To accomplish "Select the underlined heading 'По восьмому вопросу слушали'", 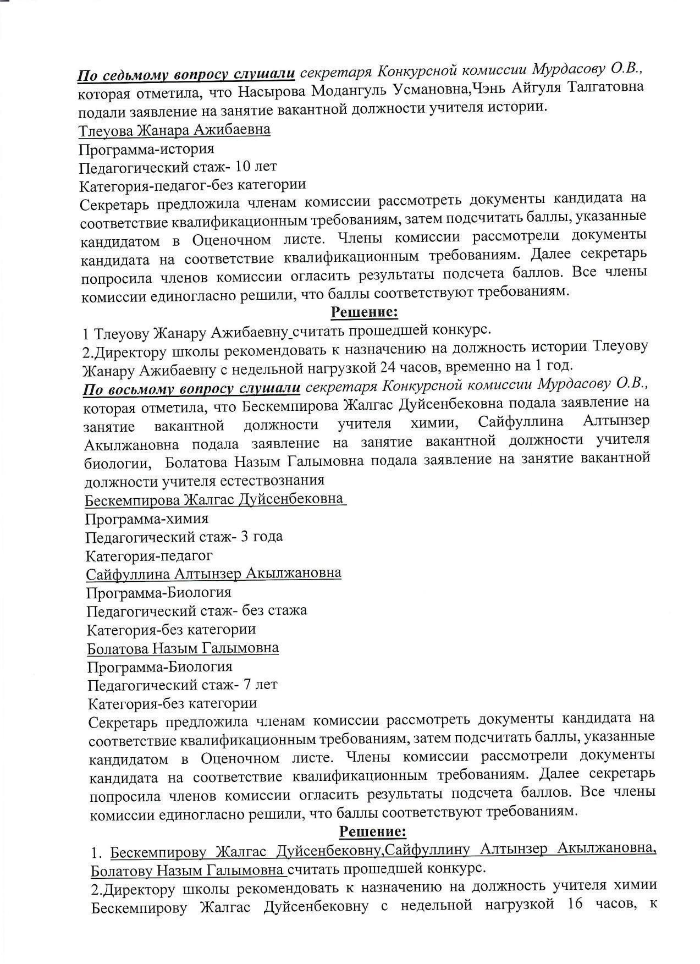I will pos(191,389).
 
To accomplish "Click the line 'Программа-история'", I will pos(146,149).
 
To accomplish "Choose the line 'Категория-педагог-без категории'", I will pos(192,185).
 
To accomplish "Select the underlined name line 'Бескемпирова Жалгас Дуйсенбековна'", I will pos(214,500).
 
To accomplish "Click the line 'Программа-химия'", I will pos(147,519).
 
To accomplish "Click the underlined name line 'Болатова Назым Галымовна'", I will pos(183,648).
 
